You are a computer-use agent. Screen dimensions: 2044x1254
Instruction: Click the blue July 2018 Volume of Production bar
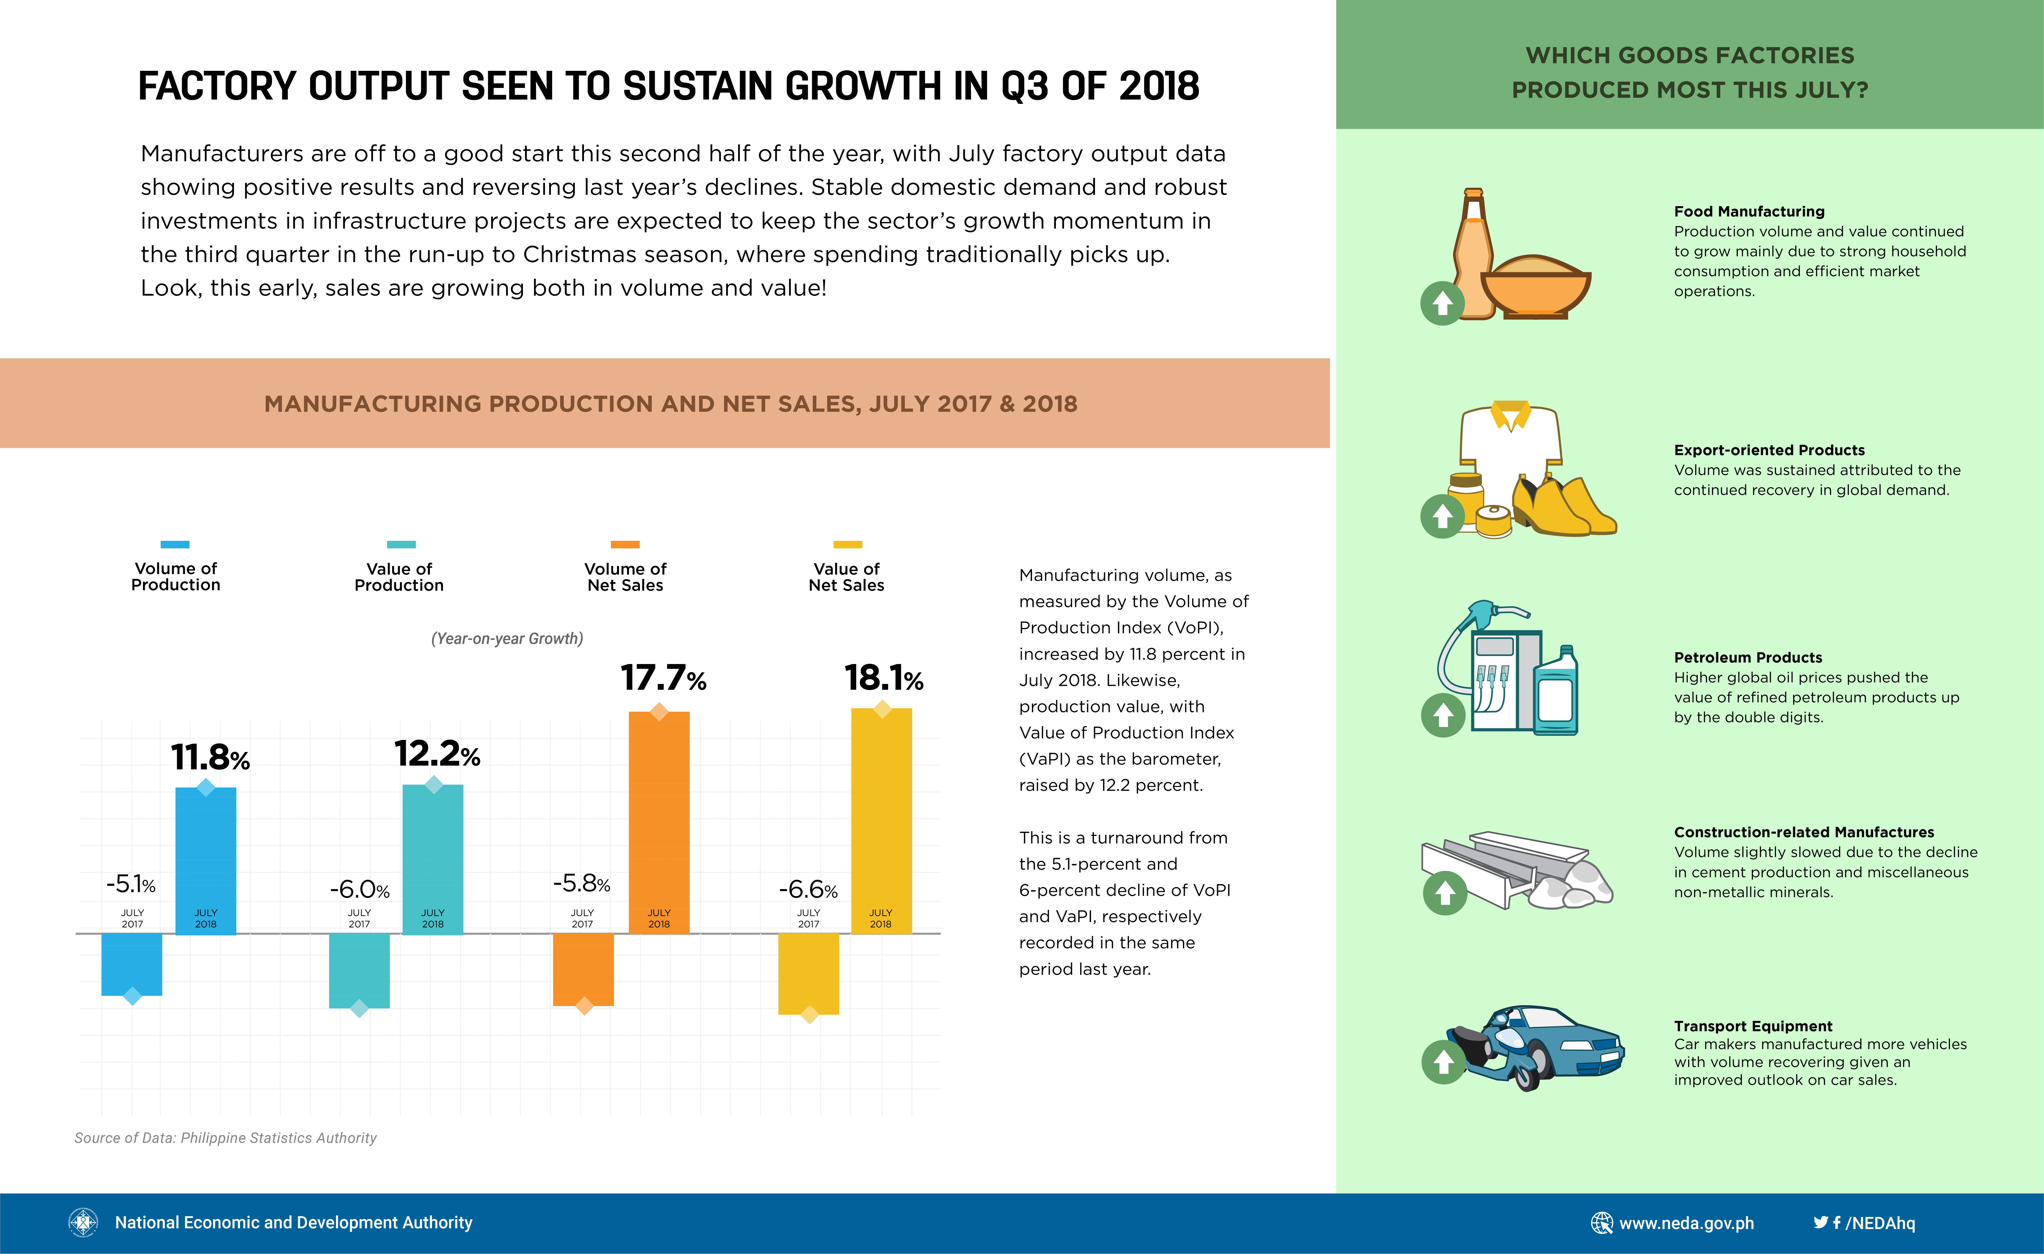206,861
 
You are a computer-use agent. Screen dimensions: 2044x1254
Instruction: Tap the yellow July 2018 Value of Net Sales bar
881,821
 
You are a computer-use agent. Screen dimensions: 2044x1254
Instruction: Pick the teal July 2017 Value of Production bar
359,970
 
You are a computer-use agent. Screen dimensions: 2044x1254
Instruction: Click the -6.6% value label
808,890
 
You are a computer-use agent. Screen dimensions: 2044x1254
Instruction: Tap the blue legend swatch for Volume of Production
175,544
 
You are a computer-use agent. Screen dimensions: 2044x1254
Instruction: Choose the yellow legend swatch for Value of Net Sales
848,544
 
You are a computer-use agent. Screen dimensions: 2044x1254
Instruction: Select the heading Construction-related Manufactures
1803,832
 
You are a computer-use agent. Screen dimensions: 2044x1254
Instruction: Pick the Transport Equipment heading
1753,1026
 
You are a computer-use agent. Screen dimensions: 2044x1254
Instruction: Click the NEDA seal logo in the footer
83,1222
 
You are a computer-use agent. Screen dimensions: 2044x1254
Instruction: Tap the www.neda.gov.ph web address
1686,1223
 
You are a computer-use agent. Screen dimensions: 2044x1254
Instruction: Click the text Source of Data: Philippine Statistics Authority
226,1138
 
